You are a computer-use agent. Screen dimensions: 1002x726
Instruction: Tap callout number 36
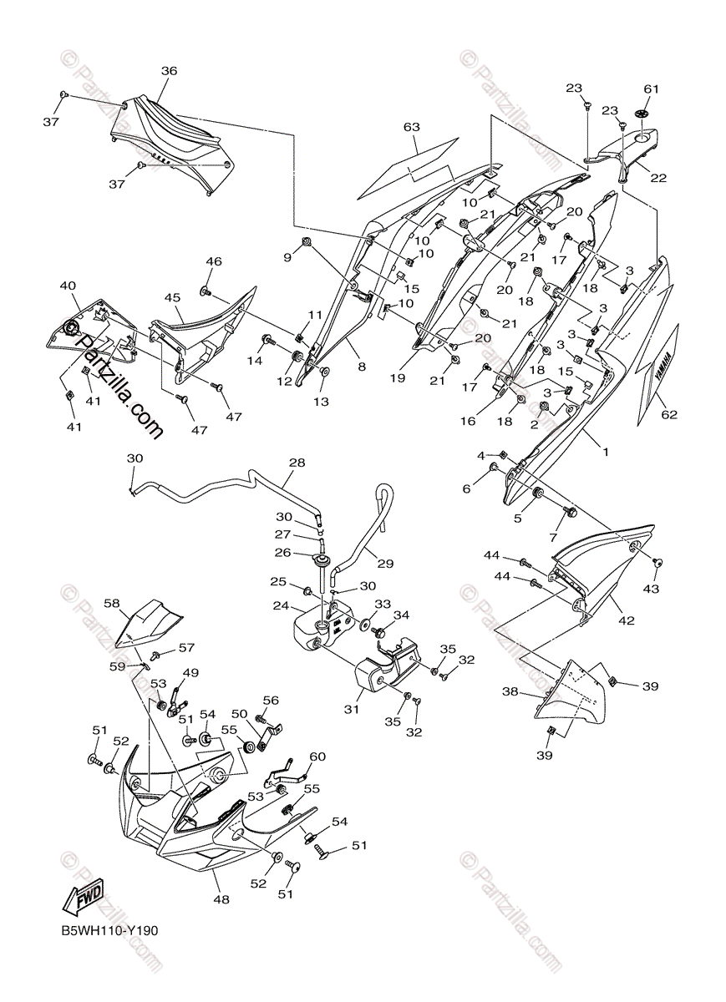pos(169,72)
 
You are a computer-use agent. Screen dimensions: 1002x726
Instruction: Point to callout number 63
pos(411,127)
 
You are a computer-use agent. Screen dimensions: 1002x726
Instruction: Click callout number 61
pos(652,89)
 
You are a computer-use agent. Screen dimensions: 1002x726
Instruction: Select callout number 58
pos(112,602)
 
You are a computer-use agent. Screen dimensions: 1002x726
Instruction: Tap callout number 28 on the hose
pos(297,462)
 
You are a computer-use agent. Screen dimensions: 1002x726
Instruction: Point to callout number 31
pos(351,710)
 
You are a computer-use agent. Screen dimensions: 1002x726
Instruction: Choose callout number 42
pos(627,620)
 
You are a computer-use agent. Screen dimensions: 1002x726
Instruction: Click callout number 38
pos(510,691)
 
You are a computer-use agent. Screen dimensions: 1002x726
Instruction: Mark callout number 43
pos(651,589)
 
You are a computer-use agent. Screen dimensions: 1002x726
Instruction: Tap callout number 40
pos(68,286)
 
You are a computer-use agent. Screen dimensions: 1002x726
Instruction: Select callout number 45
pos(172,297)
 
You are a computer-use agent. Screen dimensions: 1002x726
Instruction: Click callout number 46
pos(214,261)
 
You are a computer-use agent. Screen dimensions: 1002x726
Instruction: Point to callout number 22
pos(659,177)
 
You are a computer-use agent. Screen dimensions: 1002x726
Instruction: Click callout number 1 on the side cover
pos(606,452)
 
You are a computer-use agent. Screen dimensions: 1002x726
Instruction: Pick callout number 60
pos(317,757)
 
